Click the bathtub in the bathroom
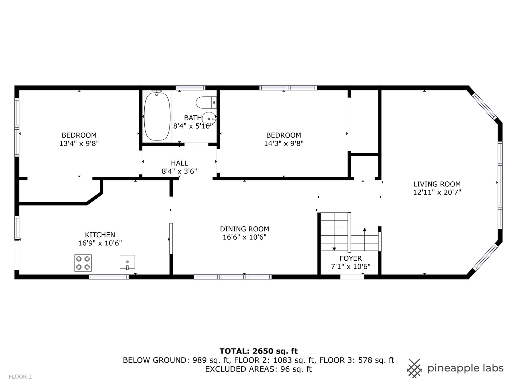coord(157,116)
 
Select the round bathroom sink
coord(209,118)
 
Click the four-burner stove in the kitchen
coord(83,263)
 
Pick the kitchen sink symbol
coord(127,262)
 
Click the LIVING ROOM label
coord(437,184)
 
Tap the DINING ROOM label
coord(244,229)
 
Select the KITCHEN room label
coord(100,235)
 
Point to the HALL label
coord(179,163)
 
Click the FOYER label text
coord(350,258)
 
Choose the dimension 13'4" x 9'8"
coord(79,143)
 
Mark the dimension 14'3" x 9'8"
coord(284,143)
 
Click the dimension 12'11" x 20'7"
coord(437,192)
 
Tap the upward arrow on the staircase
coord(364,230)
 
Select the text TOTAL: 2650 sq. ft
coord(258,351)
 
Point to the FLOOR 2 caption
coord(20,377)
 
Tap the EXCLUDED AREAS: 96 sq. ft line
coord(258,369)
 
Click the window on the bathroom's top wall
coord(190,88)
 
